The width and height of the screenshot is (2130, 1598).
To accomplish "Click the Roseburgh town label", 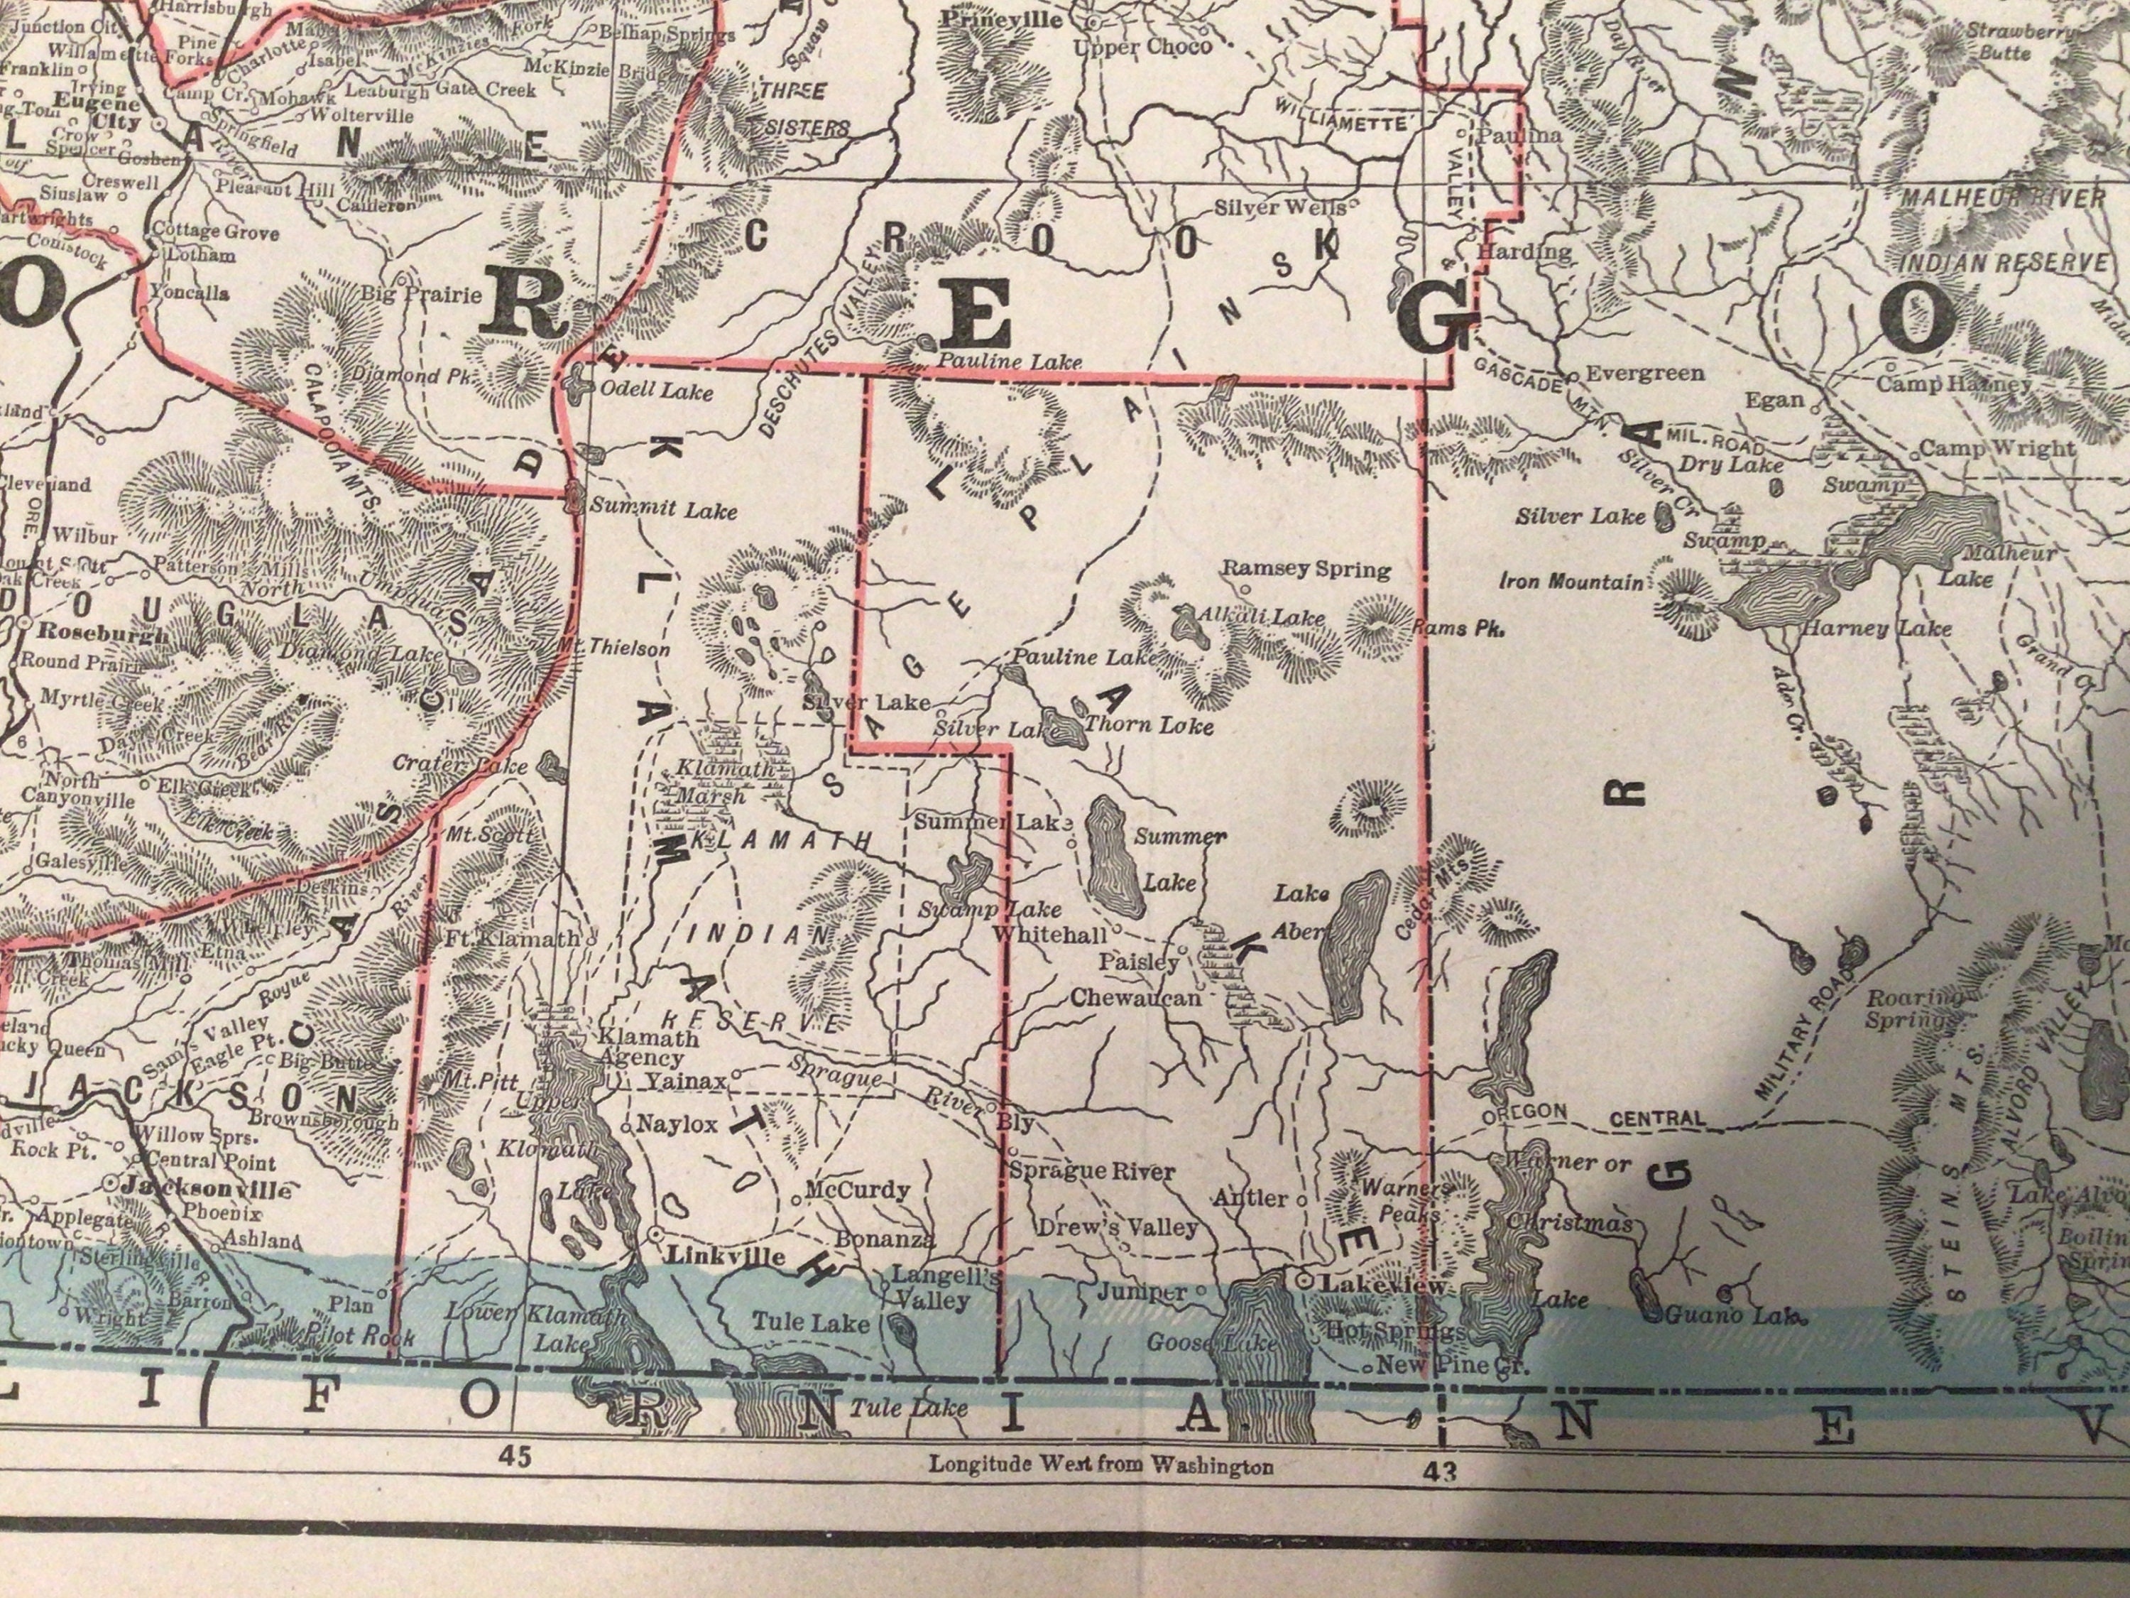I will (104, 636).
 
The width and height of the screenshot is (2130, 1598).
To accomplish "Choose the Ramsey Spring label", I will (1306, 570).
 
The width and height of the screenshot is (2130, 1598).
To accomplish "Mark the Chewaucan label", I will (1136, 998).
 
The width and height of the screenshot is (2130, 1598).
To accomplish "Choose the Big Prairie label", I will (420, 294).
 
